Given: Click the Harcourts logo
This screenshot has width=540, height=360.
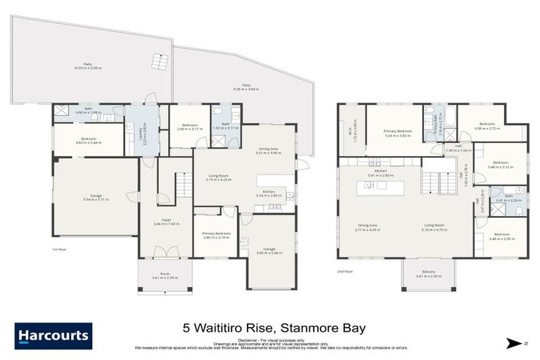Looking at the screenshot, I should point(53,335).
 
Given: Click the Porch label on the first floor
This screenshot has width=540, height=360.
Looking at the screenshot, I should point(165,276).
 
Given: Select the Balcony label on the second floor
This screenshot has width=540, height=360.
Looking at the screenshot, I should point(429,274).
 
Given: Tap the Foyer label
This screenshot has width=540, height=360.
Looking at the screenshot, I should point(166,221).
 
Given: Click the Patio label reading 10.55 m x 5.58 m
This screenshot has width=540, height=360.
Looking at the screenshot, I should point(88,67).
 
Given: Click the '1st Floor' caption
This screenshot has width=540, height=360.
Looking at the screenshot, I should point(59,250).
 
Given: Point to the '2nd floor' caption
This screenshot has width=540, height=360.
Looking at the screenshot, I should point(345,270).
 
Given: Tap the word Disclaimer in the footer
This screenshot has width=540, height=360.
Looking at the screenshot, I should point(250,340).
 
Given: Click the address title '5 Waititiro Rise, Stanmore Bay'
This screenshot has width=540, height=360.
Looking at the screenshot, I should point(275,328).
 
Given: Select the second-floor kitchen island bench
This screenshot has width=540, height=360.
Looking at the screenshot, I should point(381,188).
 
